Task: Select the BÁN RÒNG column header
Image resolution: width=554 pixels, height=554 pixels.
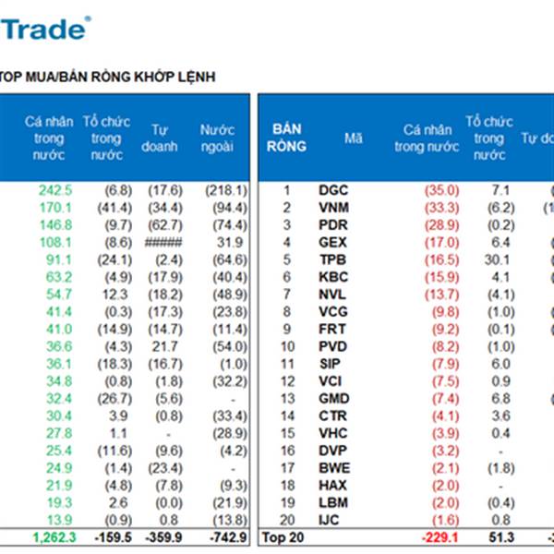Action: coord(285,138)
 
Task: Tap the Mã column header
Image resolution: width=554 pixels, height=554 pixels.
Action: coord(353,138)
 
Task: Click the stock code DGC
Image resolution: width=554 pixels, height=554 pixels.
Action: coord(333,190)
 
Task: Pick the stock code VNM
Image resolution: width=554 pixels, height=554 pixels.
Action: coord(333,207)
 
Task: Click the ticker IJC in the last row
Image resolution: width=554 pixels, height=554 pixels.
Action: coord(331,519)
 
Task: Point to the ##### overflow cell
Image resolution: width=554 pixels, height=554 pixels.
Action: coord(165,243)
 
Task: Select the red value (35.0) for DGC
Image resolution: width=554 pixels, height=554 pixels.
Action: coord(441,190)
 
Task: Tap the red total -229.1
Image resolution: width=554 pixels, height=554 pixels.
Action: coord(440,536)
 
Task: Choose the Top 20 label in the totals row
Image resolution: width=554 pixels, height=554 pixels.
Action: coord(279,536)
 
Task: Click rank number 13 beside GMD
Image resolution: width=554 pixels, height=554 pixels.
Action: coord(286,398)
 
